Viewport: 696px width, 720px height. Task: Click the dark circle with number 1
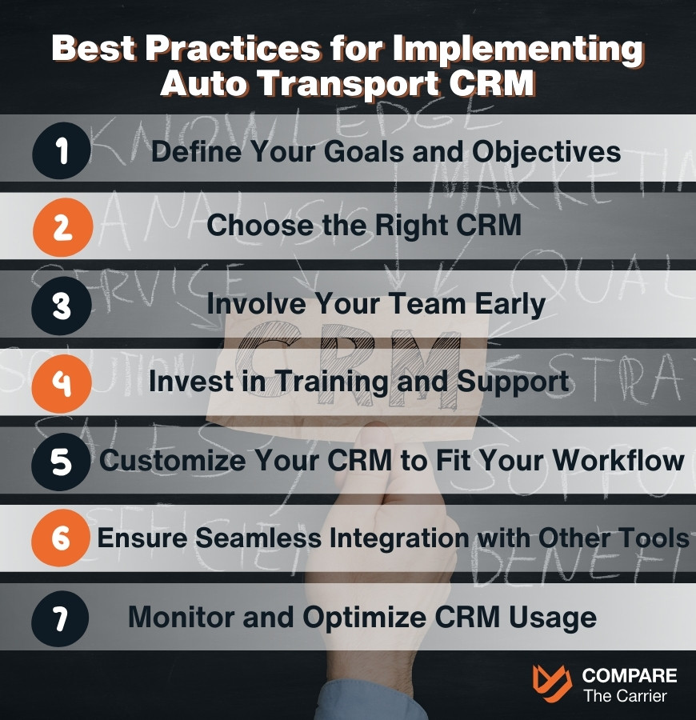62,151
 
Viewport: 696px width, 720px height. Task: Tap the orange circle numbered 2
62,229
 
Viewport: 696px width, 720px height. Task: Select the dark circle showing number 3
62,306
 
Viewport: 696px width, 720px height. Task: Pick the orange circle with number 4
62,383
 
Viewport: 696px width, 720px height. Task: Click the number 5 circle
62,462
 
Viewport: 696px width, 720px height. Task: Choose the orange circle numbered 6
62,538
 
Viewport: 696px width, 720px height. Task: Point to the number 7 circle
62,617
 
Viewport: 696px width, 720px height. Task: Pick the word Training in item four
334,382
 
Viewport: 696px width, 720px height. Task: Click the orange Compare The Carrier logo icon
552,684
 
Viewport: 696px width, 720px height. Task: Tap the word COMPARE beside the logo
630,676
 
